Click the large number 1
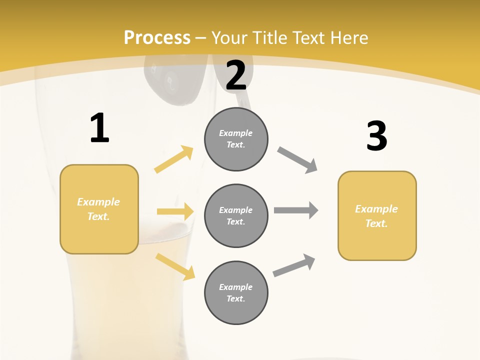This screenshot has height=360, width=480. (x=99, y=128)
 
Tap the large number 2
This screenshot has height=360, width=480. (x=236, y=75)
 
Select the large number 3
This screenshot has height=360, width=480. (x=376, y=136)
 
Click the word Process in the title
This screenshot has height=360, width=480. (x=157, y=37)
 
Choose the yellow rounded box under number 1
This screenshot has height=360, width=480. (x=99, y=209)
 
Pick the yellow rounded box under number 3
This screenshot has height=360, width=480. (x=377, y=215)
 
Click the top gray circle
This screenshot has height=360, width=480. (x=236, y=139)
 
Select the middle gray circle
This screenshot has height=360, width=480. (x=236, y=215)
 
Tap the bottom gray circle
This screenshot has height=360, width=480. (x=236, y=292)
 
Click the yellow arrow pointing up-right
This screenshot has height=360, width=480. (x=174, y=159)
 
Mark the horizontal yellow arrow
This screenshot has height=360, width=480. (x=175, y=211)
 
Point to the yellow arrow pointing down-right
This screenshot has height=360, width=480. (x=175, y=266)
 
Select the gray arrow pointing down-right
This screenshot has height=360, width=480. (x=297, y=160)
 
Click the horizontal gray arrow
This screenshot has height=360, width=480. (x=295, y=210)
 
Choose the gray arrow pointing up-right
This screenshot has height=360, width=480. (x=294, y=265)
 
